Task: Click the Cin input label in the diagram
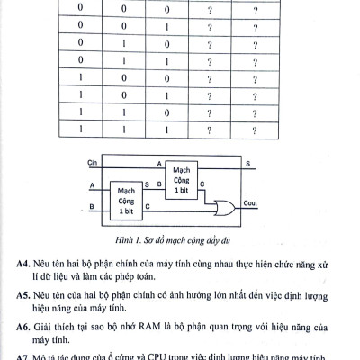[90, 164]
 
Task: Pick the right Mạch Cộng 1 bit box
[181, 176]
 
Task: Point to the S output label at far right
[249, 163]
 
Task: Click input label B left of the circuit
[92, 207]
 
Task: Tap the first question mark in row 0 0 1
[210, 28]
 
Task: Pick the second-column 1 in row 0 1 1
[110, 62]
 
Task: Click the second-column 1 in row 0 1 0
[110, 45]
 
